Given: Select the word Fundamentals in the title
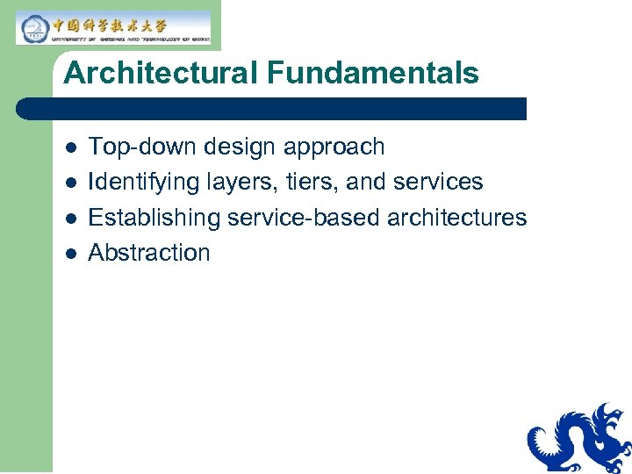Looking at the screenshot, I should tap(374, 73).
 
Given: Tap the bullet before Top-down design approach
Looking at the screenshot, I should tap(70, 147).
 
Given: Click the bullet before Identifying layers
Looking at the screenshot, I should tap(70, 182).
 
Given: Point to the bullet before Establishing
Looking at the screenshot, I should tap(70, 218).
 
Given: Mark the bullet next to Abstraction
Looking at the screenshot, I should tap(70, 253).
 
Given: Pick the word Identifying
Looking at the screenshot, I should tap(144, 182).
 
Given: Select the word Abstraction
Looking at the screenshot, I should tap(149, 253).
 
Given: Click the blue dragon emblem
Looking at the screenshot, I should tap(579, 439).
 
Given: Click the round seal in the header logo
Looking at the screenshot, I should tap(33, 27).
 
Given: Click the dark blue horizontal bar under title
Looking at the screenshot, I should tap(272, 109).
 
